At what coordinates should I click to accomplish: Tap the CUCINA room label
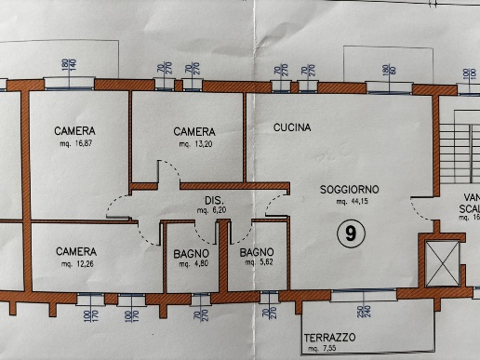(x=292, y=127)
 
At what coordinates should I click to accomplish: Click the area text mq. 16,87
(x=76, y=144)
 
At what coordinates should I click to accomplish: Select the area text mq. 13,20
(x=194, y=144)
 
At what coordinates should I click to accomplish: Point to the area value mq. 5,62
(x=255, y=264)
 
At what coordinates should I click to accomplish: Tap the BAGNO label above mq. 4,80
(x=192, y=253)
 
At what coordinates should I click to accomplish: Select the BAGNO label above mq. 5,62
(x=255, y=252)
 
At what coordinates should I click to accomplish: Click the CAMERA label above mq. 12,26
(x=76, y=251)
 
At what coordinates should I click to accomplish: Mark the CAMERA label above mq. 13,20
(x=194, y=132)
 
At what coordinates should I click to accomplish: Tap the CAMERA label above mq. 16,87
(x=75, y=131)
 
